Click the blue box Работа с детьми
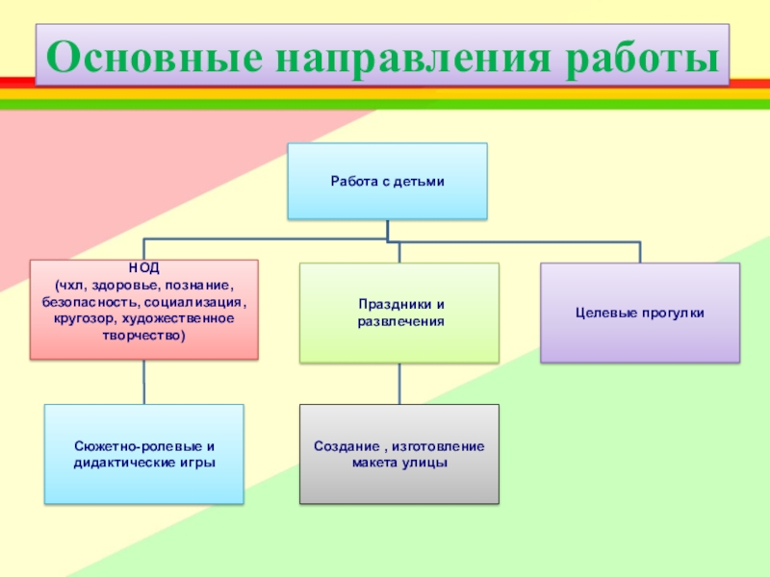pos(387,181)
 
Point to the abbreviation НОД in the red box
pos(143,271)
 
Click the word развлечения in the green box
pos(399,320)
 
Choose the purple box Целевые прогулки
pos(639,313)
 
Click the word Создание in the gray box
pos(342,447)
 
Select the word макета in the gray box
pos(374,463)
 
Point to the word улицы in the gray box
pos(424,463)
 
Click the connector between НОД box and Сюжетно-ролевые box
pos(144,382)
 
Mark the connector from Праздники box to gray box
pos(398,383)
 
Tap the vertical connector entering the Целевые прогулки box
pos(639,251)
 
